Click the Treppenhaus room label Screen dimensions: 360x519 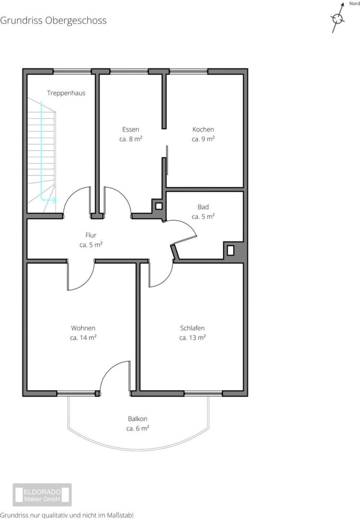[x=66, y=93]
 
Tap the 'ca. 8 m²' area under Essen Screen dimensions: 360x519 [x=131, y=139]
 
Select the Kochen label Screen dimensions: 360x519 [x=203, y=129]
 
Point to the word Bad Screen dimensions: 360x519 [x=203, y=207]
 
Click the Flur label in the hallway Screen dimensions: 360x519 [x=91, y=235]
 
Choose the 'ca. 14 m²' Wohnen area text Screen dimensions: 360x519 [x=83, y=338]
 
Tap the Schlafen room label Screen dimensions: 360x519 [x=192, y=328]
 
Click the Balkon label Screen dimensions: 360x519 [x=137, y=419]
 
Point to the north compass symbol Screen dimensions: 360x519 [x=338, y=18]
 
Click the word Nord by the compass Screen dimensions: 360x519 [x=354, y=4]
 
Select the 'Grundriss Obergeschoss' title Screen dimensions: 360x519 [x=53, y=21]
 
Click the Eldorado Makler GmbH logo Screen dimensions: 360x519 [x=42, y=495]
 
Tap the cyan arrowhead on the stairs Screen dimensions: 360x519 [x=53, y=199]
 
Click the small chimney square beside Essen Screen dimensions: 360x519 [x=159, y=206]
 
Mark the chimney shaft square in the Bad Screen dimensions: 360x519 [x=231, y=250]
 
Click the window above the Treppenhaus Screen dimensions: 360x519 [x=72, y=71]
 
